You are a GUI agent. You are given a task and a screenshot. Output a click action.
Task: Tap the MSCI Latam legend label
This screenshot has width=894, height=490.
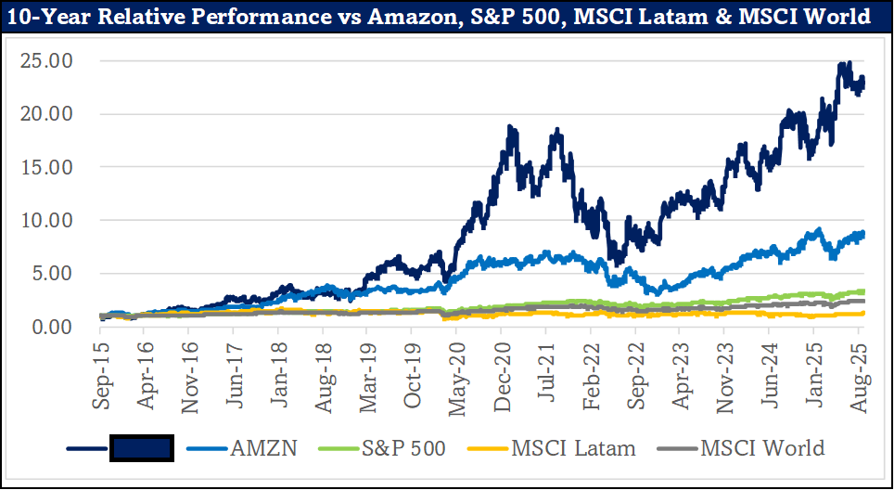coord(574,448)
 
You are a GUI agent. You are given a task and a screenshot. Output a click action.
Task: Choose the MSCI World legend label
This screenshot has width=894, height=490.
coord(762,448)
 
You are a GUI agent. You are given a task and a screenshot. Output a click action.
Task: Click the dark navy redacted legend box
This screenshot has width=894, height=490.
coord(142,448)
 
